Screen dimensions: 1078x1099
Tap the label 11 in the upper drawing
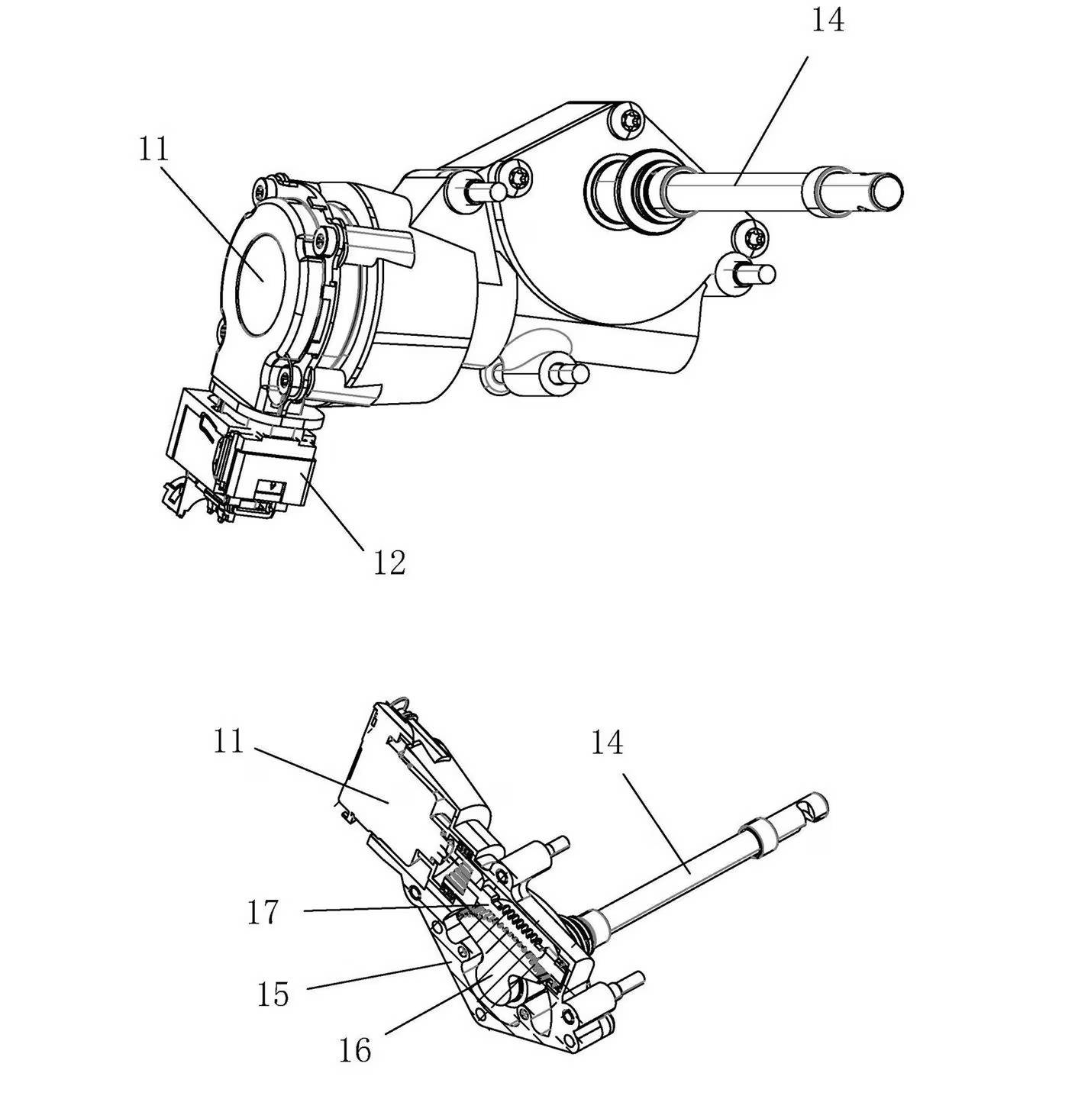coord(154,149)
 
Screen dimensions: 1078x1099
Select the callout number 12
coord(389,562)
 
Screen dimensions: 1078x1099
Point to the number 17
coord(263,911)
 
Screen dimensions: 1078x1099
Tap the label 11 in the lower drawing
coord(229,742)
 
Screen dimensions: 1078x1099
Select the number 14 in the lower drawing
coord(607,743)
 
